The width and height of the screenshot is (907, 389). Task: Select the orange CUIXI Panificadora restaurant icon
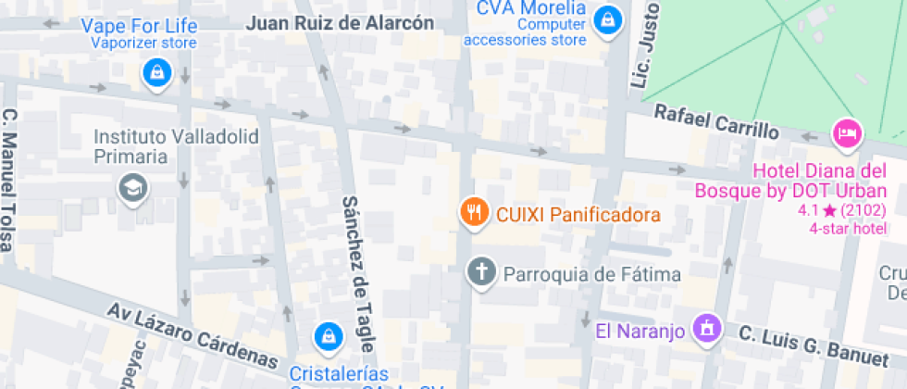click(x=474, y=213)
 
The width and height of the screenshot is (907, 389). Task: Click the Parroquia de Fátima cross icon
click(x=480, y=273)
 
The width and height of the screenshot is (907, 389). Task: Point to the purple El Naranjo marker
click(x=707, y=328)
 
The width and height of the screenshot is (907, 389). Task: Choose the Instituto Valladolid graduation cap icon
click(x=133, y=189)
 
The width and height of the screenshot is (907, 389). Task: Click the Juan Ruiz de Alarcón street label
click(x=340, y=23)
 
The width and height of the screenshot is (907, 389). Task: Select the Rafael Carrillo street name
click(x=715, y=122)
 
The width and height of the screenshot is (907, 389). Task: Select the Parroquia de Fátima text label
click(x=591, y=274)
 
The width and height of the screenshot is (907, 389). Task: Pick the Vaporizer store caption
click(x=143, y=43)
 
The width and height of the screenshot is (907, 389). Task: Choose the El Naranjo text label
click(x=640, y=331)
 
